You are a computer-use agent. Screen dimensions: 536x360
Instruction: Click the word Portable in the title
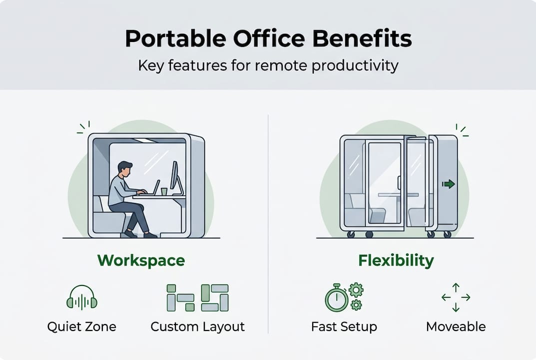pos(175,38)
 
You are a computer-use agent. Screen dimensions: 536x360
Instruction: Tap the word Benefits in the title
pos(362,38)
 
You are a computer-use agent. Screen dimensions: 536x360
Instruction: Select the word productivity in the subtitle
pos(355,65)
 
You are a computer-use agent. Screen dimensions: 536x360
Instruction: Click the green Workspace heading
pos(141,261)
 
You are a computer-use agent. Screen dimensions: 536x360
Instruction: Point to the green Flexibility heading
pos(396,260)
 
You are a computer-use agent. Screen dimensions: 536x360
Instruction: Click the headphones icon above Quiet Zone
pos(82,297)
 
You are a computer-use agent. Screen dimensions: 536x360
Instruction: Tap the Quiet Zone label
pos(82,326)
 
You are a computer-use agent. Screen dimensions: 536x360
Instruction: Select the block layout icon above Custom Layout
pos(198,297)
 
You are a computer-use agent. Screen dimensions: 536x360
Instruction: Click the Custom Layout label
pos(198,327)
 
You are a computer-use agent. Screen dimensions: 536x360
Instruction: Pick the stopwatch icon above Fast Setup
pos(336,298)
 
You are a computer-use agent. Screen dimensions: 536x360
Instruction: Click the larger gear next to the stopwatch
pos(356,290)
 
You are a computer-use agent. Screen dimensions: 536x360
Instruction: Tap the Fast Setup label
pos(344,327)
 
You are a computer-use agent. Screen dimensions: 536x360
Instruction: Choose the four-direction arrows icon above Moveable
pos(456,297)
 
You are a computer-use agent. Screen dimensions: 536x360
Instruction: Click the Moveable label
pos(456,327)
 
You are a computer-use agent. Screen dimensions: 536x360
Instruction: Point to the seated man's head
pos(125,169)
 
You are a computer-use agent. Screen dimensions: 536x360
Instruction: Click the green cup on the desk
pos(164,191)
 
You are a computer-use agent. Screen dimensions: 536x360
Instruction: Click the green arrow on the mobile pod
pos(448,184)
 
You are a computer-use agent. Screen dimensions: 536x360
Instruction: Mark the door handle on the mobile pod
pos(399,182)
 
